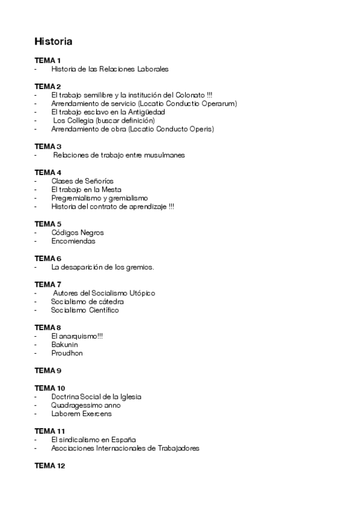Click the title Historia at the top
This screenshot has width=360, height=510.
point(53,41)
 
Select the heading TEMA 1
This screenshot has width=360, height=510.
point(47,61)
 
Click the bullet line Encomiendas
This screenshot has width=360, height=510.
point(73,241)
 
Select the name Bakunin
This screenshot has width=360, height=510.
point(64,345)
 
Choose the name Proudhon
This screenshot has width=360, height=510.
point(67,353)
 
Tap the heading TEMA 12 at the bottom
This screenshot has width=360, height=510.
point(49,466)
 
